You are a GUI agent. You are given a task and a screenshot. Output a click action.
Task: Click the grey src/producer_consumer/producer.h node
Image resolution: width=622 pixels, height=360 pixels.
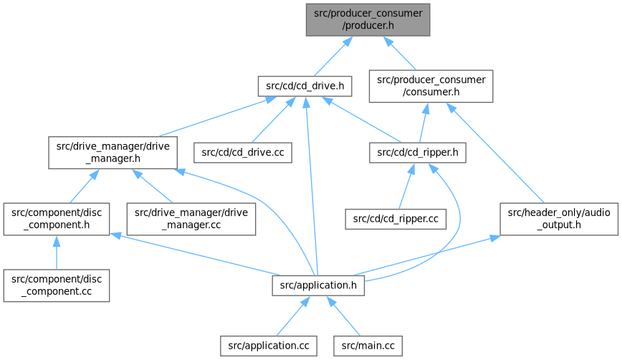coord(368,19)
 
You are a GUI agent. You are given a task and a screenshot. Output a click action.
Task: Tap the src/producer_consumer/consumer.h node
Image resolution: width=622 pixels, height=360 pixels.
coord(431,87)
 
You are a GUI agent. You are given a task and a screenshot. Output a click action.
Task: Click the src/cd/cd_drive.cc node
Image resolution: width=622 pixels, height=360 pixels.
coord(243,152)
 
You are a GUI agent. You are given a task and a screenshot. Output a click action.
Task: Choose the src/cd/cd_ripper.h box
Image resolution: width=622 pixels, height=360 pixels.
coord(418,152)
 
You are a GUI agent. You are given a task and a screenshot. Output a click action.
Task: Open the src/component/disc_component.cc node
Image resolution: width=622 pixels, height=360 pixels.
coord(56,285)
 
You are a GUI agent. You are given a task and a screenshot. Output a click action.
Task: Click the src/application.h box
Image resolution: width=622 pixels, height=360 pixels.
coord(319,285)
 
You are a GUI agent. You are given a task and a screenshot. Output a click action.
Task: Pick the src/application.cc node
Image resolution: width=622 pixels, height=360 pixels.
coord(269,345)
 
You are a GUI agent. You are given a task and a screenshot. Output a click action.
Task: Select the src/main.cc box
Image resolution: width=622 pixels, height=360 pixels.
coord(368,345)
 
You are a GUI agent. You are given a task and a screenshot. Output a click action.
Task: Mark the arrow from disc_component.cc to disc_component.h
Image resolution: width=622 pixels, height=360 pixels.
coord(56,252)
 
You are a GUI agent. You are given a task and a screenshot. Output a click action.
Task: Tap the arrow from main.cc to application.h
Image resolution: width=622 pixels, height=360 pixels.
coord(347,316)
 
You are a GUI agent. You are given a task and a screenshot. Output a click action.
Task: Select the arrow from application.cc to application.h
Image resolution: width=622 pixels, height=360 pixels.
coord(291,316)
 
